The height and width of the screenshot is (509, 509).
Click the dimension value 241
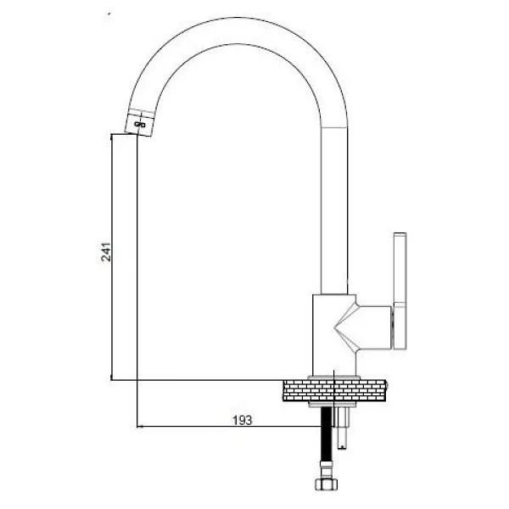tap(106, 252)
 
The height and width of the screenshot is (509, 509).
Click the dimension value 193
tap(242, 421)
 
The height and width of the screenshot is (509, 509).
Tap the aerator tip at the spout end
tap(139, 123)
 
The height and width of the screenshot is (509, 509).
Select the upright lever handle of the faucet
tap(400, 291)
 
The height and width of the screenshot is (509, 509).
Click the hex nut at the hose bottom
tap(327, 484)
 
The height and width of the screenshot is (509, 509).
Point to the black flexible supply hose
tap(327, 435)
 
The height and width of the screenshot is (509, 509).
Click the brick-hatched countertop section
tap(335, 390)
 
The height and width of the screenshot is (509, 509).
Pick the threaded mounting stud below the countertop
tap(343, 428)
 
